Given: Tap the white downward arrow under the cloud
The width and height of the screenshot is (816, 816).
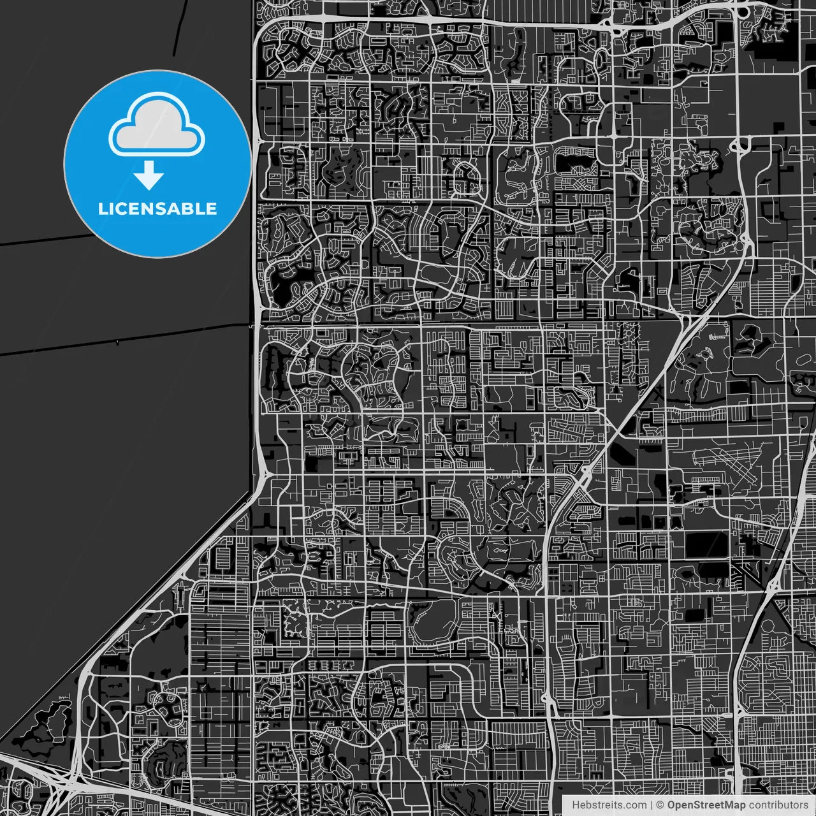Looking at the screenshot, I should (149, 176).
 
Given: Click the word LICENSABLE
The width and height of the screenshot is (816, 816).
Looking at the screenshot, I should (157, 208).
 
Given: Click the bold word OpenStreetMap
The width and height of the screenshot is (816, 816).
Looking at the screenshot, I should (706, 805).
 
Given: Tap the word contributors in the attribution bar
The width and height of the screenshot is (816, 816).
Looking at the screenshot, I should (778, 805).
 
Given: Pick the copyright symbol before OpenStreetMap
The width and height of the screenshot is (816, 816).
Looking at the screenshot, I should (660, 805).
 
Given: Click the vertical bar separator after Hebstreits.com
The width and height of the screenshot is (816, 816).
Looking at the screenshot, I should (652, 805).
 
